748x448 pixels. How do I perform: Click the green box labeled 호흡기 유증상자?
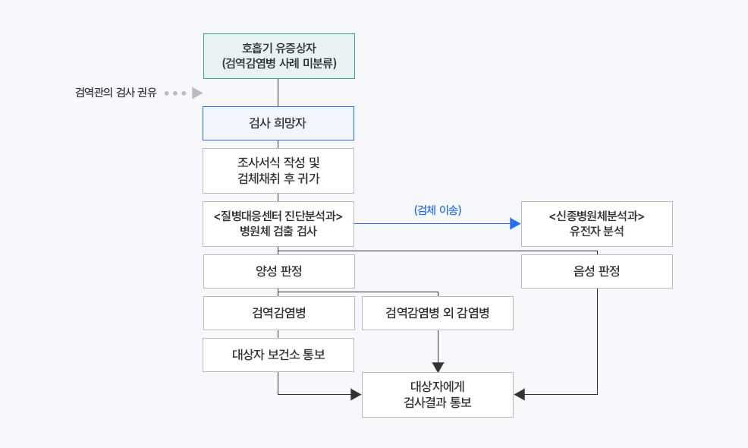pyautogui.click(x=278, y=56)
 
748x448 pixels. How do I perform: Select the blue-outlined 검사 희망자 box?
pyautogui.click(x=278, y=123)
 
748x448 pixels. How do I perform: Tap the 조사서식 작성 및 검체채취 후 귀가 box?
pyautogui.click(x=278, y=171)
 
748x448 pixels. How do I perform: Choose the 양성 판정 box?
pyautogui.click(x=278, y=271)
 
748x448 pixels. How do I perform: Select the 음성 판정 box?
pyautogui.click(x=596, y=271)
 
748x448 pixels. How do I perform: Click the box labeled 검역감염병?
pyautogui.click(x=278, y=313)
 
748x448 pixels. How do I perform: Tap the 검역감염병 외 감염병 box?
pyautogui.click(x=438, y=313)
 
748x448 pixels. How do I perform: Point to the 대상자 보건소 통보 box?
pyautogui.click(x=278, y=355)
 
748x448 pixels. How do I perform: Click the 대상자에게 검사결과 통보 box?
pyautogui.click(x=438, y=395)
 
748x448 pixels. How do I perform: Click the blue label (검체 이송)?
pyautogui.click(x=438, y=210)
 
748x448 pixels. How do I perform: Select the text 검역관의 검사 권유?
pyautogui.click(x=116, y=93)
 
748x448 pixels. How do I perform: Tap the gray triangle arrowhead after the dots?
pyautogui.click(x=197, y=93)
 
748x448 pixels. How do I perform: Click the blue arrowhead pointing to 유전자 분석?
pyautogui.click(x=515, y=224)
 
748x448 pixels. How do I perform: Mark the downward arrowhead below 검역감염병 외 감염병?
pyautogui.click(x=438, y=367)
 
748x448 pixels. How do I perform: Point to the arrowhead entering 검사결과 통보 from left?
pyautogui.click(x=356, y=395)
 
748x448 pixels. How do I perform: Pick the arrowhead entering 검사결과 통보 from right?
pyautogui.click(x=520, y=395)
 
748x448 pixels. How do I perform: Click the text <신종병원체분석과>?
pyautogui.click(x=596, y=216)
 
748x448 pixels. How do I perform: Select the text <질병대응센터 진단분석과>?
pyautogui.click(x=278, y=216)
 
